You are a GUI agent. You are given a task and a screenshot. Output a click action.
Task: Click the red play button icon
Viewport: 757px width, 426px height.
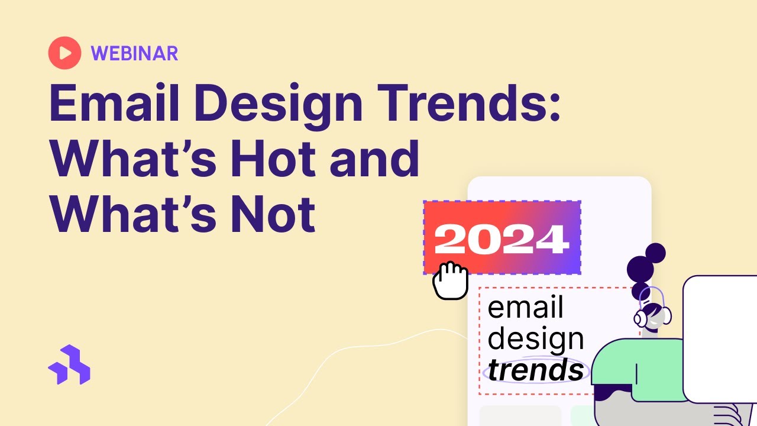coord(64,53)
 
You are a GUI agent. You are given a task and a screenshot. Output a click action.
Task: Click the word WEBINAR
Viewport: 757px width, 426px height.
coord(134,54)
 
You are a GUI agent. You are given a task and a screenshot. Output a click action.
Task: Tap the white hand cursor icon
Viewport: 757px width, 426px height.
coord(450,280)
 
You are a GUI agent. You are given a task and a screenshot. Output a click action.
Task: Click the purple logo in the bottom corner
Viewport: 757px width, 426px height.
coord(69,364)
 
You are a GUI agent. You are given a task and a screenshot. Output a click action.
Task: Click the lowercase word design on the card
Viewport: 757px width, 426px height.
coord(536,339)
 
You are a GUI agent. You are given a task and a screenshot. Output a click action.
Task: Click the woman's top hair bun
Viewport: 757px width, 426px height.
coord(655,253)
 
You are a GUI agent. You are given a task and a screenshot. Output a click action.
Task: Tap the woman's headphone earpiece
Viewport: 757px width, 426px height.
coord(640,318)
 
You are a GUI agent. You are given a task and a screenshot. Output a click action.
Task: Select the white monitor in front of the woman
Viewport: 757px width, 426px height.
coord(720,338)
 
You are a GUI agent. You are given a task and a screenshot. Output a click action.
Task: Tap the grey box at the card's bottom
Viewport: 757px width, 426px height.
coord(520,415)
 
